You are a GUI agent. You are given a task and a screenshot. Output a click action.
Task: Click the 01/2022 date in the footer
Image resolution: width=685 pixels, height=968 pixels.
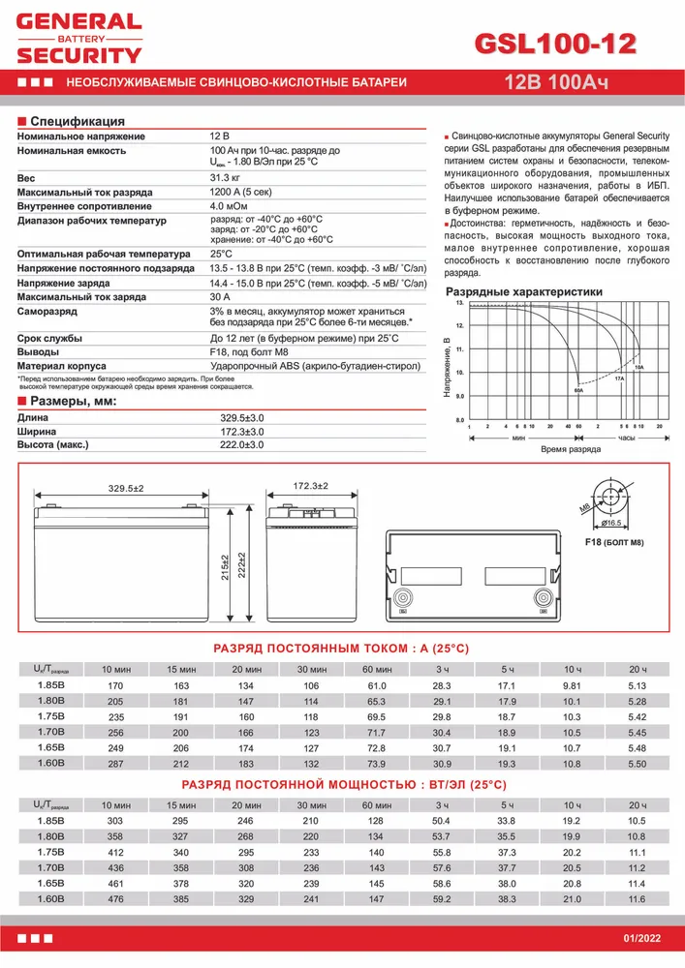point(642,941)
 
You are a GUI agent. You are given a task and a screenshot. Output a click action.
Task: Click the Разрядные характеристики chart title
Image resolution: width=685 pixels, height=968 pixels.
point(523,291)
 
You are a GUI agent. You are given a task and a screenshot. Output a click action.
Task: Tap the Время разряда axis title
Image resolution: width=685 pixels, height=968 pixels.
point(571,450)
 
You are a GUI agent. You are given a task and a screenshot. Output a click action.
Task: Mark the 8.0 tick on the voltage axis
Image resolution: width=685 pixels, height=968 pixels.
point(459,420)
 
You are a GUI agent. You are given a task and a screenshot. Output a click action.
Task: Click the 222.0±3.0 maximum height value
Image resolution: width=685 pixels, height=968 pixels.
point(242,444)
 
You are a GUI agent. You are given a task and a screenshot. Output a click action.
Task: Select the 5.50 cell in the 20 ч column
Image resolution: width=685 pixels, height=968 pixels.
point(638,763)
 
